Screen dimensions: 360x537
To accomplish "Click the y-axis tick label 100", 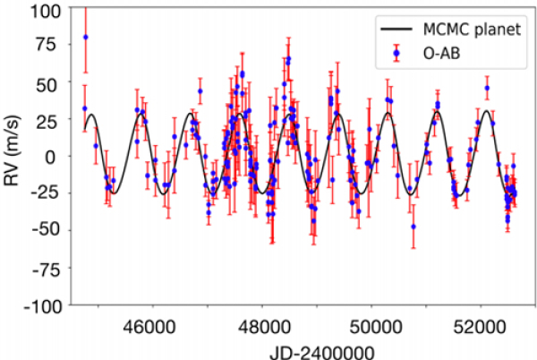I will (50, 9).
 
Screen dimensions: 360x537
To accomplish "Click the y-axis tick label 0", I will (59, 156).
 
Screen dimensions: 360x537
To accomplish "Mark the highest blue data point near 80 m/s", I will (85, 38).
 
